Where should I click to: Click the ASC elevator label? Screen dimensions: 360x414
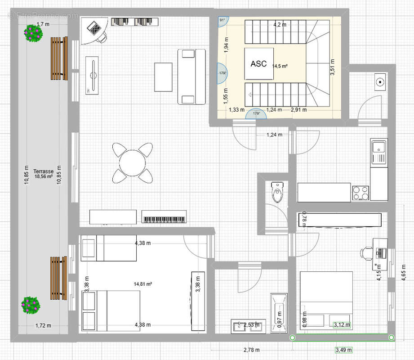point(258,64)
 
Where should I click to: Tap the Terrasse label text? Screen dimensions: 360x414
point(44,171)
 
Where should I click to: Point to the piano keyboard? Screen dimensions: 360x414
point(164,216)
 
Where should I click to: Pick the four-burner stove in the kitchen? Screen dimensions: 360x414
point(361,193)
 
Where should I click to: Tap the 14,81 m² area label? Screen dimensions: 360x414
point(142,284)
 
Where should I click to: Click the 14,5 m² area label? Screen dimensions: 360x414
point(280,66)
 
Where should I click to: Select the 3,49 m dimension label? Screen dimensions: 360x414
point(343,350)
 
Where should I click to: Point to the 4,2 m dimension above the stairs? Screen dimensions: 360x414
point(280,25)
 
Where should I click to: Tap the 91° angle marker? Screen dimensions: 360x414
point(223,21)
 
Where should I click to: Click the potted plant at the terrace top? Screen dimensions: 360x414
point(32,33)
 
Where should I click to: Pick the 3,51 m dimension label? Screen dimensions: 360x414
point(333,67)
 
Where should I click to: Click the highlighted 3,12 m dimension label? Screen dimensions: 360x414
point(342,324)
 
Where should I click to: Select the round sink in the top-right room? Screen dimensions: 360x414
point(380,82)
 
